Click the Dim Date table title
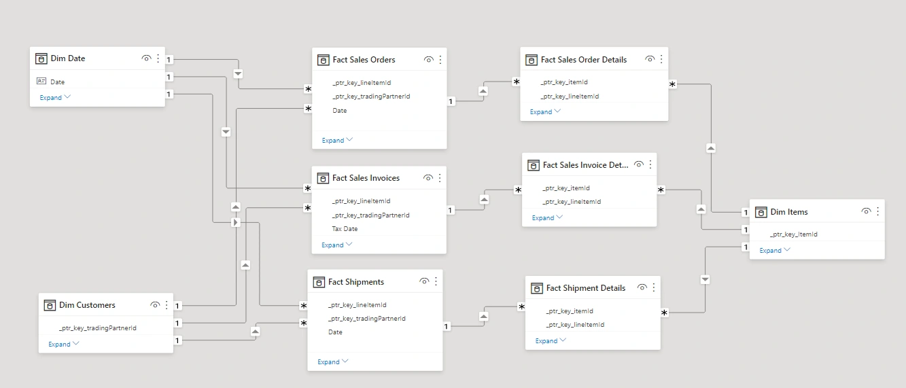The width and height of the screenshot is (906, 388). point(68,58)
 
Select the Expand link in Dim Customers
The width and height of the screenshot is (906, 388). point(59,344)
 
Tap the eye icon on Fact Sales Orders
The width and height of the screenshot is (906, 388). point(428,60)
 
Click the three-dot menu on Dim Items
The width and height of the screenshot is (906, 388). point(877,211)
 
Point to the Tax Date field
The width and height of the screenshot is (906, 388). point(345,229)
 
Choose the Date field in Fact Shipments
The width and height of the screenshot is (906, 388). point(335,332)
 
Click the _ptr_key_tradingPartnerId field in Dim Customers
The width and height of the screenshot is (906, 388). point(97,328)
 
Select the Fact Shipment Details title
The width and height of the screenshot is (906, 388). point(585,288)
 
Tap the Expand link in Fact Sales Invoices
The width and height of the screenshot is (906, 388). point(332,245)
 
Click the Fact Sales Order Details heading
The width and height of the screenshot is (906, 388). point(583,60)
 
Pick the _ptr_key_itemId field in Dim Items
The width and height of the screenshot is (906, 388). point(793,234)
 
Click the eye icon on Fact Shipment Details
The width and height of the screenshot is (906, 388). point(642,288)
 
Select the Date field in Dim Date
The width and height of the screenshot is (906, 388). point(58,82)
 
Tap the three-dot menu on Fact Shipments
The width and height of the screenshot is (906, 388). point(436,281)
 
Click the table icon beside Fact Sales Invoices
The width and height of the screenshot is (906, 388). point(323,178)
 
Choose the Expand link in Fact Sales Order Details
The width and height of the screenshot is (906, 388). point(541,111)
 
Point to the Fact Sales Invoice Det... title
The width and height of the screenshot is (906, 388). point(585,164)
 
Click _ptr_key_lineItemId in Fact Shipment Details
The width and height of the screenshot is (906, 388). point(574,325)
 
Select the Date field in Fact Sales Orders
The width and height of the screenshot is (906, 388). point(339,110)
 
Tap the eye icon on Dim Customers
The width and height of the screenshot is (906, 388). point(155,305)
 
